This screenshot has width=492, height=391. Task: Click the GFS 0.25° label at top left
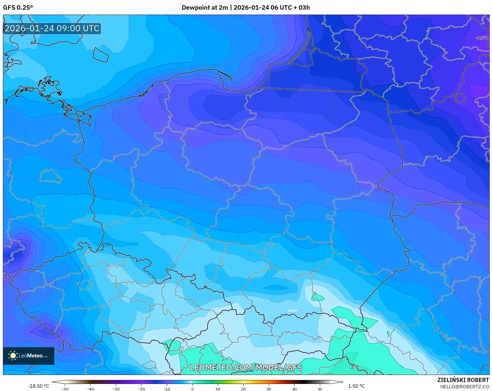18,8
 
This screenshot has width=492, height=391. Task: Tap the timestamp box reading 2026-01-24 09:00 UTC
52,28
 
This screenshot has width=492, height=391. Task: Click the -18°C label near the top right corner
482,38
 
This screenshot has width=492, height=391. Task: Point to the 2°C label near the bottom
355,367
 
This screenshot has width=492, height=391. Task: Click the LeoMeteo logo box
29,356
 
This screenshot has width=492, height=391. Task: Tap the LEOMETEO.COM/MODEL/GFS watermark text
246,367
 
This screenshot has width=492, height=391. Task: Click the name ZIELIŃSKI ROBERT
463,380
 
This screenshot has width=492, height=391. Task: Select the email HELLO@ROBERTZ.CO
464,387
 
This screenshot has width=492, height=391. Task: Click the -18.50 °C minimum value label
38,386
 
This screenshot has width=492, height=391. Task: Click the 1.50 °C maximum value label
356,386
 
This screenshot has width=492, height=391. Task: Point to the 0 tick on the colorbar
192,389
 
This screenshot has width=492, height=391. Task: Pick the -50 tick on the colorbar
65,389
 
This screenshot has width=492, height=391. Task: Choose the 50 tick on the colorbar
320,389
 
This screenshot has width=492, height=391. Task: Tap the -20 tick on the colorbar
141,389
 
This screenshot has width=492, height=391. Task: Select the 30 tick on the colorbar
269,389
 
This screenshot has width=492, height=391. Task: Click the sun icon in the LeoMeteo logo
13,356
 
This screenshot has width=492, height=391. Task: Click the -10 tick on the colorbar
167,389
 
